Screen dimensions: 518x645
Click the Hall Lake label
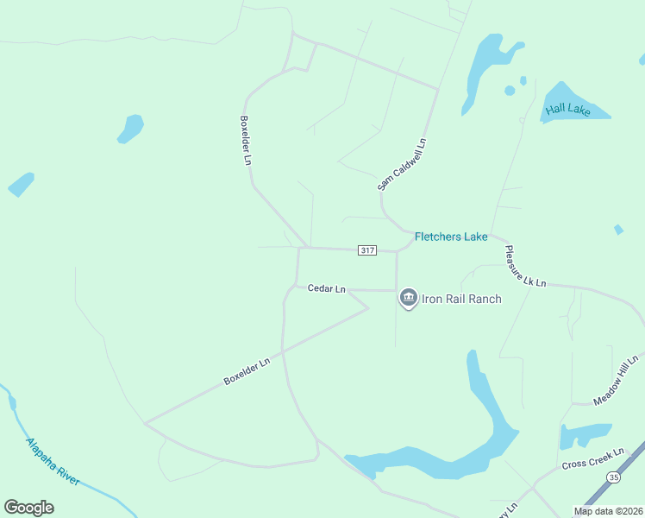tap(567, 110)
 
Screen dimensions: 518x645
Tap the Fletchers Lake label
tap(451, 237)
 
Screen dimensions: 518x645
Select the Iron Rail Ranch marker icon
tap(408, 299)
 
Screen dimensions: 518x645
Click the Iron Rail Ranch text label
tap(461, 299)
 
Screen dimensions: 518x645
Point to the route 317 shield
tap(367, 250)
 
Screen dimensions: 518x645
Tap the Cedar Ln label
tap(326, 288)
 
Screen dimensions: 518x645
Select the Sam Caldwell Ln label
tap(402, 164)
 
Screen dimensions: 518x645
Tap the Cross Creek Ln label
tap(592, 458)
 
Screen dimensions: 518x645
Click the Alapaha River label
tap(52, 462)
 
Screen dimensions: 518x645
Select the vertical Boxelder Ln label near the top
tap(246, 140)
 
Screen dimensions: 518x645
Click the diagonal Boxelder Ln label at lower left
tap(247, 371)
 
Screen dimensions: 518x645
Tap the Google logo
tap(28, 508)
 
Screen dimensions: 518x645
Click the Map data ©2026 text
tap(608, 511)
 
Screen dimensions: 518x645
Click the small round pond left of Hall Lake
tap(510, 90)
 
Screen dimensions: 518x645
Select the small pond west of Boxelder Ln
tap(131, 128)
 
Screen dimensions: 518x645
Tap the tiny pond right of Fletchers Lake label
tap(618, 230)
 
